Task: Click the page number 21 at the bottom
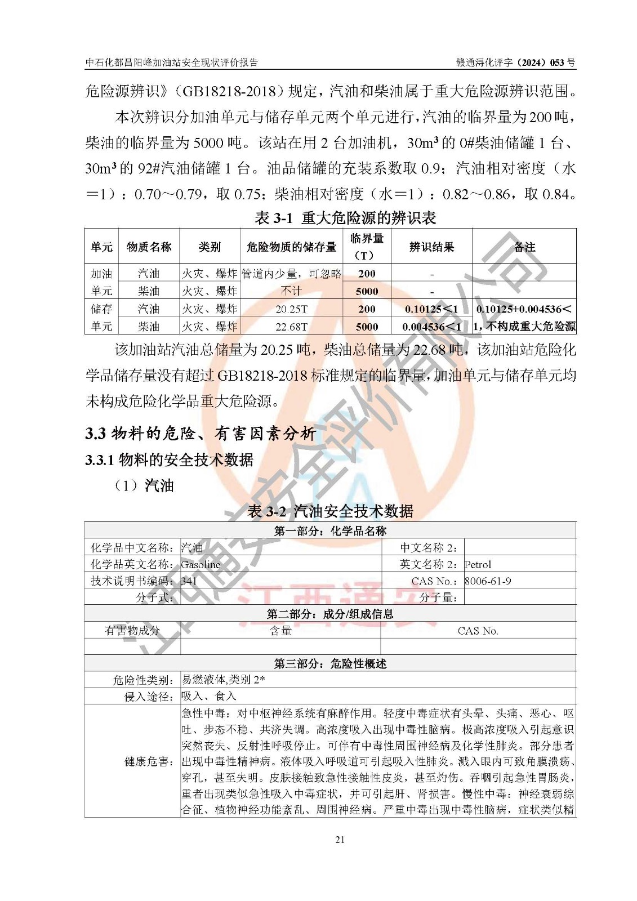(x=340, y=840)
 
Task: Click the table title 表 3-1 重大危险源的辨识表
(x=345, y=217)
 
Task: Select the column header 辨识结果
(x=431, y=247)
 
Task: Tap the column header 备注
(x=524, y=247)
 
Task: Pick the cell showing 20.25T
(x=291, y=309)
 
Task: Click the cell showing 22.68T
(x=291, y=327)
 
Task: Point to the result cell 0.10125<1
(x=431, y=309)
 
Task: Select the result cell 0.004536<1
(x=431, y=327)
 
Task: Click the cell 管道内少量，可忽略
(x=291, y=274)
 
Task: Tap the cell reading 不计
(x=291, y=291)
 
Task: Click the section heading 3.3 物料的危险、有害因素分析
(x=201, y=433)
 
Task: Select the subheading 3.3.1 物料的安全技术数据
(x=170, y=460)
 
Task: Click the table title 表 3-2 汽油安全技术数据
(x=331, y=511)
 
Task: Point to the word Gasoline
(x=201, y=564)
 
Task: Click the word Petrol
(x=478, y=564)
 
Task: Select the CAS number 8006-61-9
(x=488, y=581)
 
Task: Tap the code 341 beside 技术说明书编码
(x=189, y=581)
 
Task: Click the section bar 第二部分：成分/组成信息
(x=330, y=614)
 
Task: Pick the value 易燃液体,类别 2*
(x=223, y=680)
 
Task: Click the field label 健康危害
(x=148, y=762)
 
